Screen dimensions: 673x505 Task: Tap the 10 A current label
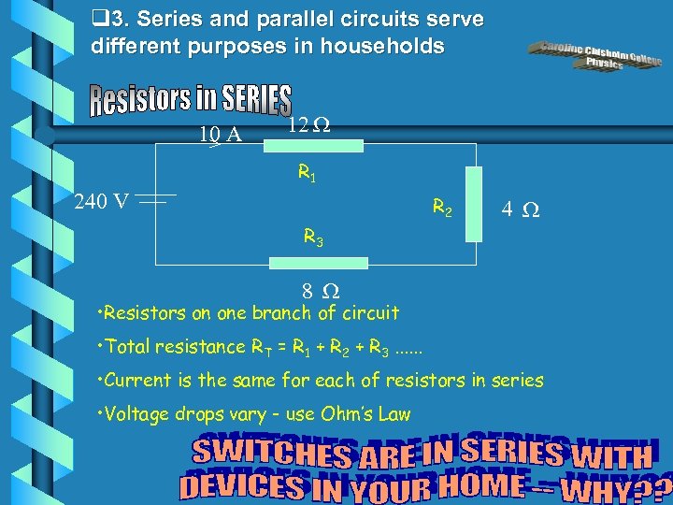221,135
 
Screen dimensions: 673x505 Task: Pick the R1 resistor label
306,172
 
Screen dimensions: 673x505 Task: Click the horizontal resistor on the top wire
324,145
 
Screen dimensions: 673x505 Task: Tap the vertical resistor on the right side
474,204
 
